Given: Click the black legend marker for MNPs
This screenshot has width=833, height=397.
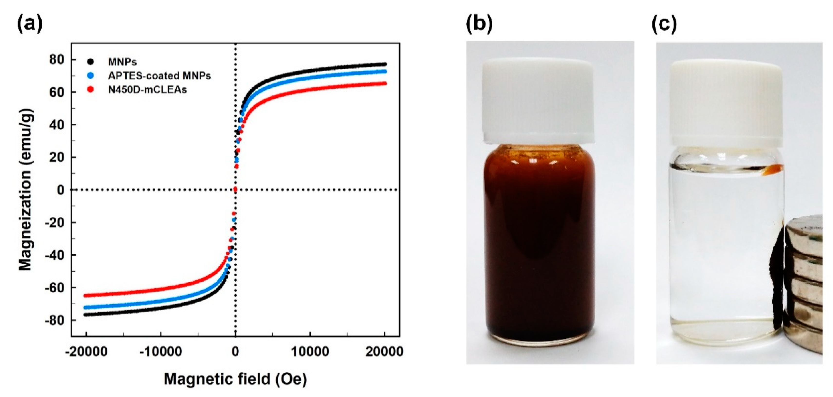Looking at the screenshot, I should click(x=91, y=61).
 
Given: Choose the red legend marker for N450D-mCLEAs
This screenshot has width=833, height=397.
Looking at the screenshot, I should click(x=91, y=90).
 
